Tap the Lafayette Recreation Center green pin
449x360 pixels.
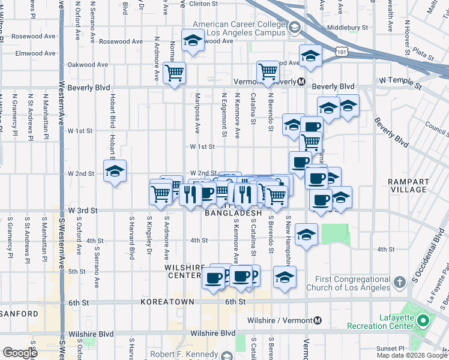point(423,321)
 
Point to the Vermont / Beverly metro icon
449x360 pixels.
point(302,81)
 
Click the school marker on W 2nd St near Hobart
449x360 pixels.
point(115,171)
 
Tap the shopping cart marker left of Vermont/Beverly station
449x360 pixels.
point(267,72)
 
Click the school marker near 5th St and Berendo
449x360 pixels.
point(285,277)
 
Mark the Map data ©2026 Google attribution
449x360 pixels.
point(411,355)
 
